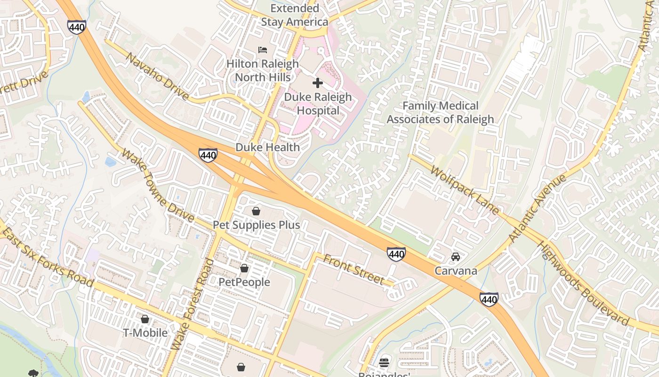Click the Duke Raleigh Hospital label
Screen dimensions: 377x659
coord(318,104)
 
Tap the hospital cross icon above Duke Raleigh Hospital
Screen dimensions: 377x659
coord(318,83)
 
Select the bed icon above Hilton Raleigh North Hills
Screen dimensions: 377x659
coord(263,50)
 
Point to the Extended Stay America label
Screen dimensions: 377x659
coord(295,15)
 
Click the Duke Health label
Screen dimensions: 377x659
coord(267,148)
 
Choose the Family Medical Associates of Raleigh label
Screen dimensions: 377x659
coord(440,113)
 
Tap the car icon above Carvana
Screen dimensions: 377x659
coord(455,257)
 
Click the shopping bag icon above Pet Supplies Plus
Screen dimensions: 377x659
coord(256,211)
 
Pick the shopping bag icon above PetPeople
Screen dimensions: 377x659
coord(244,269)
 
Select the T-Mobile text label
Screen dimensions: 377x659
coord(145,333)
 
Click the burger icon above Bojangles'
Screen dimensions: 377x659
coord(385,362)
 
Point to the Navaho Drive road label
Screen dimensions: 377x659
coord(157,76)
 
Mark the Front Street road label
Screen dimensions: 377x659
coord(354,270)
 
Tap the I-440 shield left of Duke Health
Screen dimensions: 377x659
coord(208,155)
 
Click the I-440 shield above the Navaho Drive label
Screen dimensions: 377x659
coord(76,27)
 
